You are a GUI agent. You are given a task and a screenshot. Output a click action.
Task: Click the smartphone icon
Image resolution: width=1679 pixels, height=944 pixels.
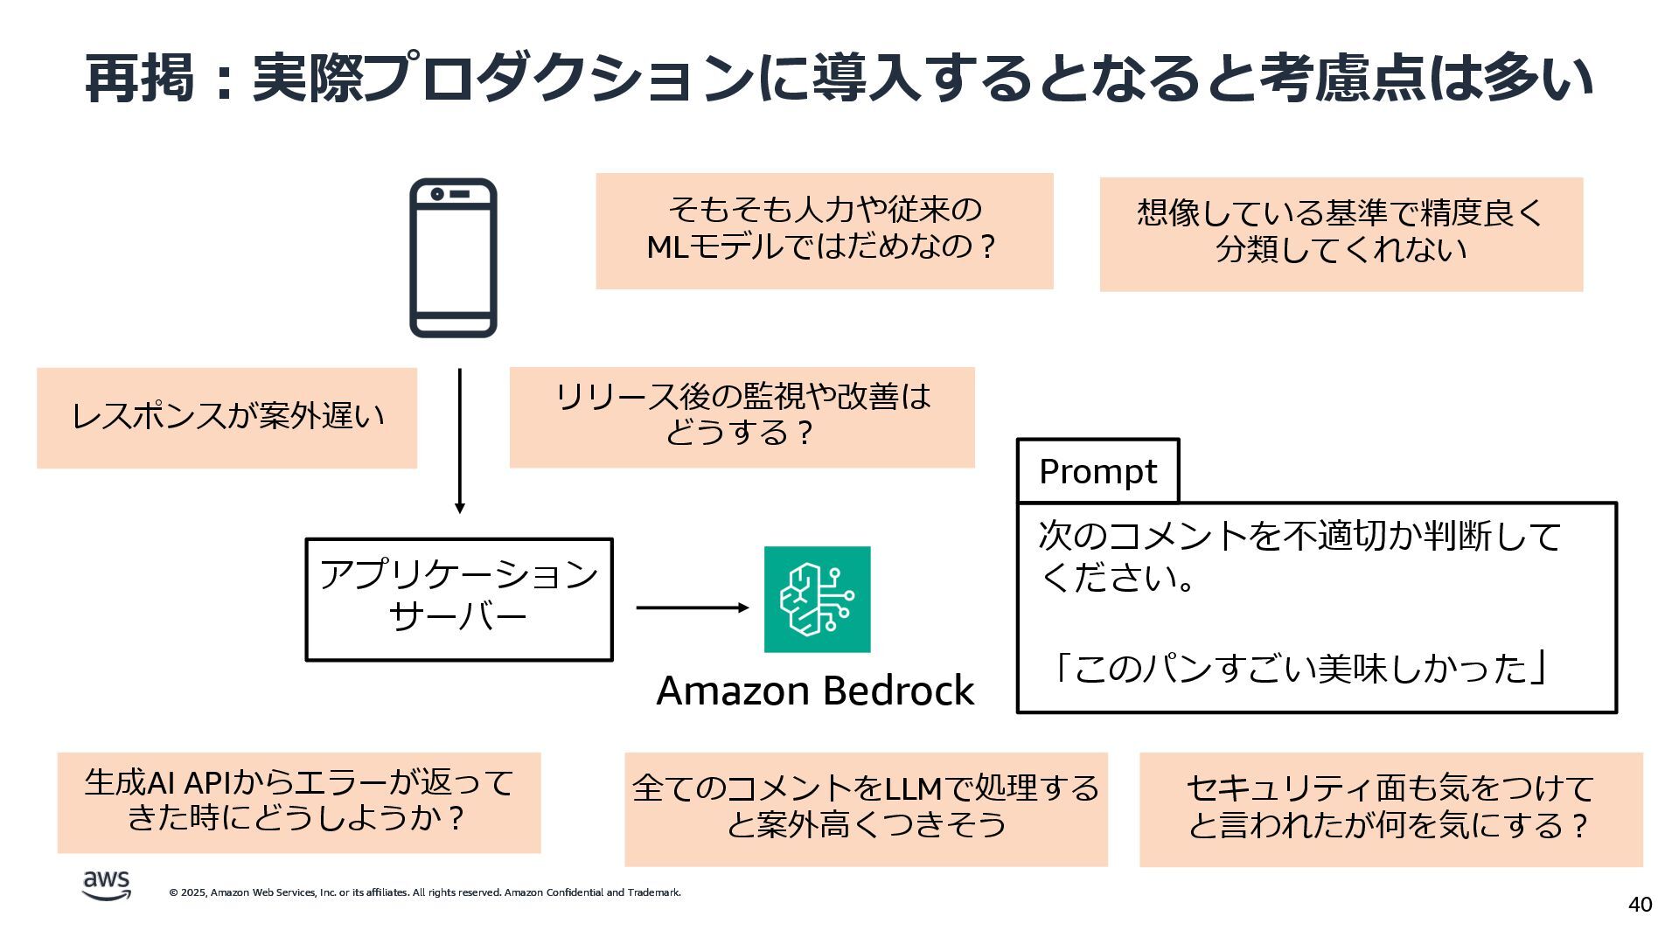(453, 258)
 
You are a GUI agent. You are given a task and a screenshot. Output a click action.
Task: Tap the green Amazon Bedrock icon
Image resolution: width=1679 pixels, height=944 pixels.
(817, 600)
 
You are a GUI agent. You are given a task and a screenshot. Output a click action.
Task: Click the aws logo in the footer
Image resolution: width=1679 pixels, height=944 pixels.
(107, 885)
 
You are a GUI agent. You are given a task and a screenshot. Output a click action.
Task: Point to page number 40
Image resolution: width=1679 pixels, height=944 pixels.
(1640, 905)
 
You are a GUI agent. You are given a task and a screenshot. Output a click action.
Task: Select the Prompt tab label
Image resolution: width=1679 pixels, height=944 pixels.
(1097, 471)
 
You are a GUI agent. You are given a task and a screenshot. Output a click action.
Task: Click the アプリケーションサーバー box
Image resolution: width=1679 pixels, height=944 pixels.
(458, 600)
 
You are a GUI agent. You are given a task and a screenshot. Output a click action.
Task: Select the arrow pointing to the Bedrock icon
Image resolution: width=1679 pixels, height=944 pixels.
(692, 607)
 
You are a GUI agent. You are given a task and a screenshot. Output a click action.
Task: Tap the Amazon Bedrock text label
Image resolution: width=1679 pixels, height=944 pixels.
(815, 691)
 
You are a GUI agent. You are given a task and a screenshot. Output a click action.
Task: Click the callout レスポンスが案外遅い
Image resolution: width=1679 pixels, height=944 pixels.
(226, 418)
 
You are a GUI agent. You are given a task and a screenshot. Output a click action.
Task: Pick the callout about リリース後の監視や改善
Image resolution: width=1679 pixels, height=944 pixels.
(742, 417)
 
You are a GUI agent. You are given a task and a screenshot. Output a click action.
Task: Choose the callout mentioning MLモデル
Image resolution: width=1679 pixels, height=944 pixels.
(824, 231)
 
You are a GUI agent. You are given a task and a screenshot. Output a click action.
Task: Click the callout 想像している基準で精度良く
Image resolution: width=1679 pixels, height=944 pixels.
(1341, 233)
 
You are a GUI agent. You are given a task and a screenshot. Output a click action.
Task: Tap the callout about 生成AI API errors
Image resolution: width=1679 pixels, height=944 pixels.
(298, 802)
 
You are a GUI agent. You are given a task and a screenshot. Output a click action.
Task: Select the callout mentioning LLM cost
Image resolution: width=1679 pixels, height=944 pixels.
(865, 809)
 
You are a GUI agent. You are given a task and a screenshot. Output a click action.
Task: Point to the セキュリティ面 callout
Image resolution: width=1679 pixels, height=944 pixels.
(1390, 809)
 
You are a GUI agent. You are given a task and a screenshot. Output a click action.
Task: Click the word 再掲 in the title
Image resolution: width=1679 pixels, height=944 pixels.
(140, 79)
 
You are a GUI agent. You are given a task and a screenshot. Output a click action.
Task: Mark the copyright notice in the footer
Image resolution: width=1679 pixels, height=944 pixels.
(425, 892)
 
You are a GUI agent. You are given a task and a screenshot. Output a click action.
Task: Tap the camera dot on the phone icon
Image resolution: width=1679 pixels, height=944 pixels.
(437, 194)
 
